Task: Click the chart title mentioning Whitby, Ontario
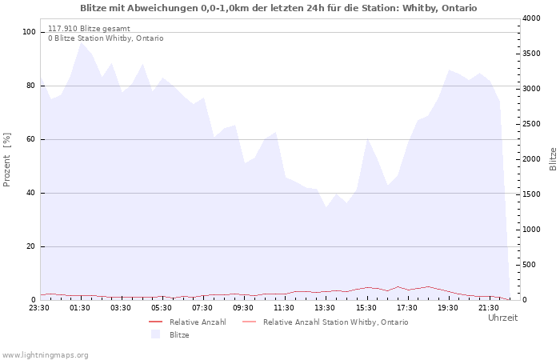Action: click(x=278, y=8)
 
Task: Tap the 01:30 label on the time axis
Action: click(x=80, y=308)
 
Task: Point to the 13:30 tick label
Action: click(x=325, y=308)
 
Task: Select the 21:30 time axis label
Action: click(x=489, y=308)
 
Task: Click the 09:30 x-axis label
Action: click(x=243, y=308)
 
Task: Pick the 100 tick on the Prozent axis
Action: click(x=29, y=32)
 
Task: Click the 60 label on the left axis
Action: click(x=31, y=139)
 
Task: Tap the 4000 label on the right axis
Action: click(x=531, y=18)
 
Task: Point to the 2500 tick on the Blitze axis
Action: click(x=531, y=124)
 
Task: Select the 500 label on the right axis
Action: click(x=529, y=265)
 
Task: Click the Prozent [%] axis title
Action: click(x=6, y=160)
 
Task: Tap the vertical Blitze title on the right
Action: click(x=553, y=159)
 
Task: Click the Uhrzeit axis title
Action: click(x=502, y=318)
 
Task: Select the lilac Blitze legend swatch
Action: click(x=155, y=334)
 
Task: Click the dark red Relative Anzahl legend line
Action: click(x=155, y=322)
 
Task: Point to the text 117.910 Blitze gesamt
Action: click(x=89, y=29)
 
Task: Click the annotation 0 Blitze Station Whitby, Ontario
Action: click(x=106, y=38)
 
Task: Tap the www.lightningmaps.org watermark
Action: click(x=45, y=355)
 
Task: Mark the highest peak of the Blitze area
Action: click(x=82, y=43)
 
